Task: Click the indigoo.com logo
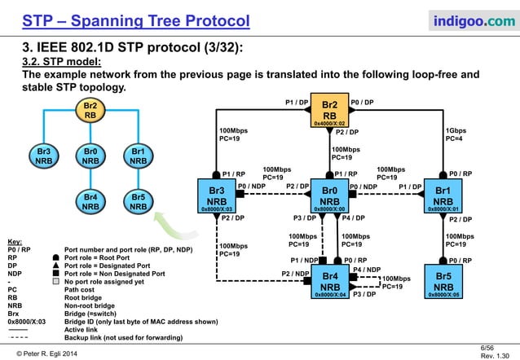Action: pyautogui.click(x=466, y=19)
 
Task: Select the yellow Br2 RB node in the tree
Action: pyautogui.click(x=91, y=111)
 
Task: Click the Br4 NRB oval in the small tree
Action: pyautogui.click(x=91, y=200)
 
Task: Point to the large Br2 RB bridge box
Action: pyautogui.click(x=330, y=112)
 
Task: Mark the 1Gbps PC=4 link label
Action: pyautogui.click(x=456, y=134)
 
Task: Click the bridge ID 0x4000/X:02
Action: pyautogui.click(x=331, y=124)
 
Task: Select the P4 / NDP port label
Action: pyautogui.click(x=367, y=269)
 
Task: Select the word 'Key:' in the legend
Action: pyautogui.click(x=15, y=242)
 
